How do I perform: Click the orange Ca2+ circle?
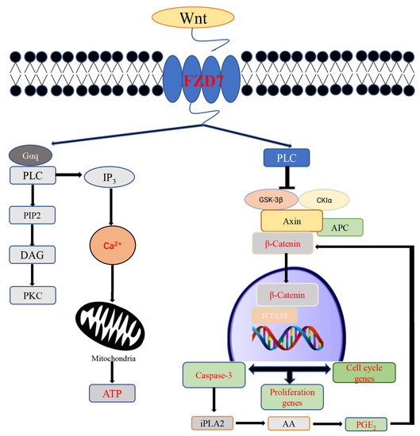110,245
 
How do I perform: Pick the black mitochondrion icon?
110,321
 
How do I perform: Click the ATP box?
110,390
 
